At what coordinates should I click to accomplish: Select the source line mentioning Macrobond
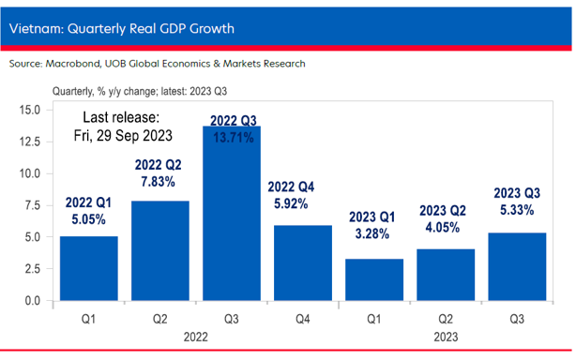pos(157,64)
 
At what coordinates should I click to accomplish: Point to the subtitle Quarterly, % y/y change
pos(141,92)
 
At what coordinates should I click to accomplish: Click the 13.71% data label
pos(232,137)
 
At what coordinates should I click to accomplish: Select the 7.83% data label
pos(160,182)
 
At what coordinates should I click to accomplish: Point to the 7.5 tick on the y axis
pos(31,205)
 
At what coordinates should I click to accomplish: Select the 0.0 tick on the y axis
pos(31,301)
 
